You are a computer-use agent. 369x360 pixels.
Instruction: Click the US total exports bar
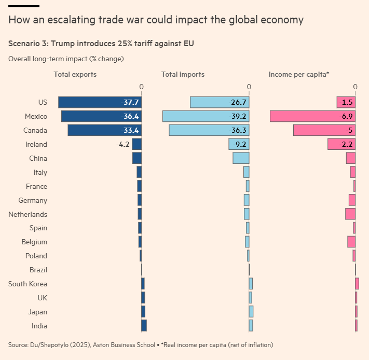click(100, 102)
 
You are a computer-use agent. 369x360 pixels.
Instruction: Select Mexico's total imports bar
click(206, 116)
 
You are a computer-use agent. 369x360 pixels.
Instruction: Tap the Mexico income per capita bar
click(312, 116)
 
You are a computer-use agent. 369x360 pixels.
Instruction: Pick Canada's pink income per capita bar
click(324, 130)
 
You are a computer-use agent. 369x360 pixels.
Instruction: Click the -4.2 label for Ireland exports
click(124, 144)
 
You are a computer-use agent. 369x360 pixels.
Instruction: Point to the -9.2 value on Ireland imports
click(238, 144)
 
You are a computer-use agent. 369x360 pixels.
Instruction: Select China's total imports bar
click(241, 158)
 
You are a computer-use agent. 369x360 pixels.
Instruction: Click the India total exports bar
click(144, 326)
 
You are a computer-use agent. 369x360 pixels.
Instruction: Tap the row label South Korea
click(28, 284)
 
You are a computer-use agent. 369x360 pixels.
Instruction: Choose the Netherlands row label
click(28, 214)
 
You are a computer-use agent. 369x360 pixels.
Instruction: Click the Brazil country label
click(38, 270)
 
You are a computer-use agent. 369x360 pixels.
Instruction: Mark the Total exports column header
click(75, 74)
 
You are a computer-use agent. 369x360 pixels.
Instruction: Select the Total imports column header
click(183, 74)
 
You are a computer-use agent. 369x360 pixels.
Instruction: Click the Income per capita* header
click(299, 74)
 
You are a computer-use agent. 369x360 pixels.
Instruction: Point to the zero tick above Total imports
click(249, 87)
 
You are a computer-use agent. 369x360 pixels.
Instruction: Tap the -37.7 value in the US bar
click(130, 102)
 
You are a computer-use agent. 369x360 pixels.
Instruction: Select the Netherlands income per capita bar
click(350, 214)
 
